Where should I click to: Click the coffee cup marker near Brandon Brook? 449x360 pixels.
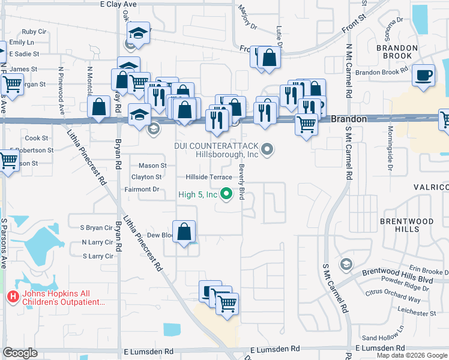(x=424, y=76)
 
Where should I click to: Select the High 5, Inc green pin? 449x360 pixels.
(x=226, y=193)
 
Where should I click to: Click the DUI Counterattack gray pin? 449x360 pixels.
(x=268, y=148)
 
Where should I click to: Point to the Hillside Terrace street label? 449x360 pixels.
(x=209, y=178)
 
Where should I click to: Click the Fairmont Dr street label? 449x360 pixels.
(x=141, y=189)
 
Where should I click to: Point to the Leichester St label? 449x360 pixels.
(x=416, y=313)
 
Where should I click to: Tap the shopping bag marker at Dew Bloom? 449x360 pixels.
(x=185, y=231)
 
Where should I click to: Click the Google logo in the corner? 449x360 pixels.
(x=20, y=353)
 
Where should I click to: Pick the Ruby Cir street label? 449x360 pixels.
(x=29, y=32)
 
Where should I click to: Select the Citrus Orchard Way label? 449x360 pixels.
(x=393, y=298)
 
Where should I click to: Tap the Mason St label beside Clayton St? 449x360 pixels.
(x=152, y=166)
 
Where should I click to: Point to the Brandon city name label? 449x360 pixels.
(x=349, y=119)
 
